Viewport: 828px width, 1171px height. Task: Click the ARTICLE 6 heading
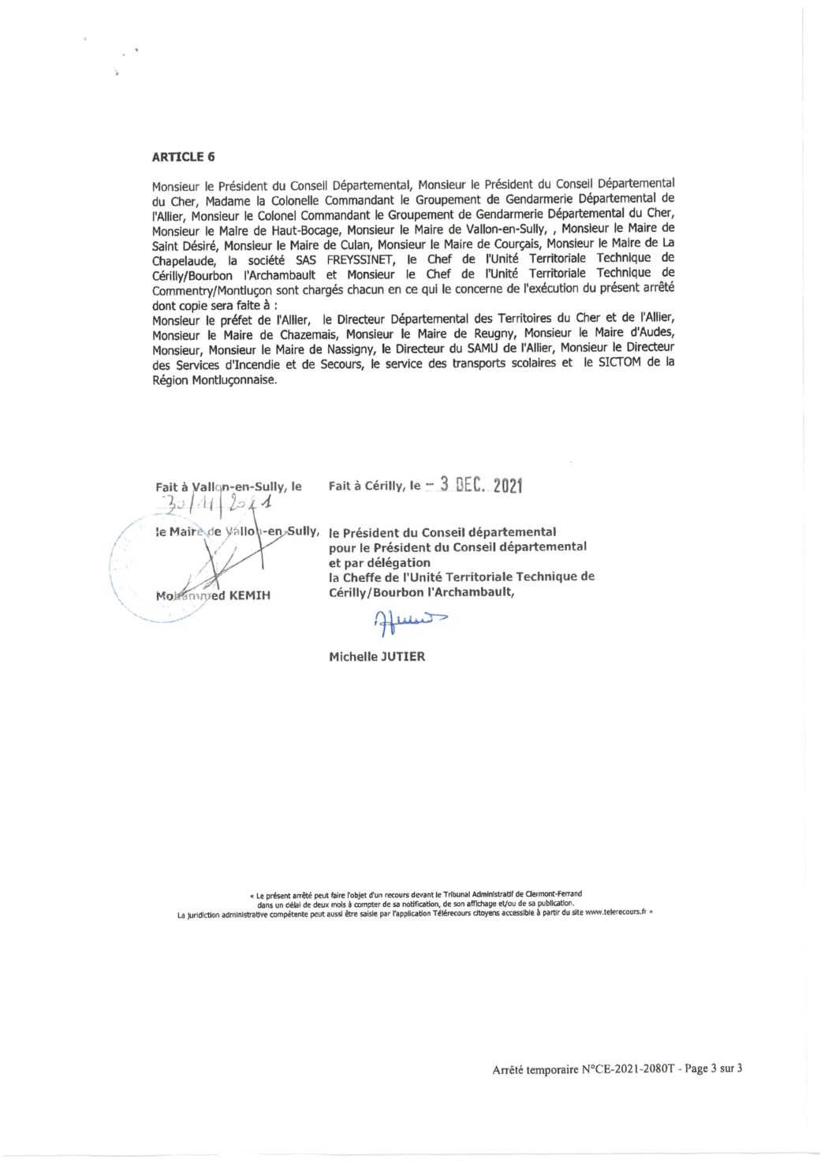pos(183,156)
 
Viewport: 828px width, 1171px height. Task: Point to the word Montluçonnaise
pos(234,379)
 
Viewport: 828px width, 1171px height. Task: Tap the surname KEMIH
pos(249,595)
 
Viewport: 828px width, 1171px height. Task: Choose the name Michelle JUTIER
pos(377,656)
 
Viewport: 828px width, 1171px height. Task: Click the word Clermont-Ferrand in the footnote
pos(554,894)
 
